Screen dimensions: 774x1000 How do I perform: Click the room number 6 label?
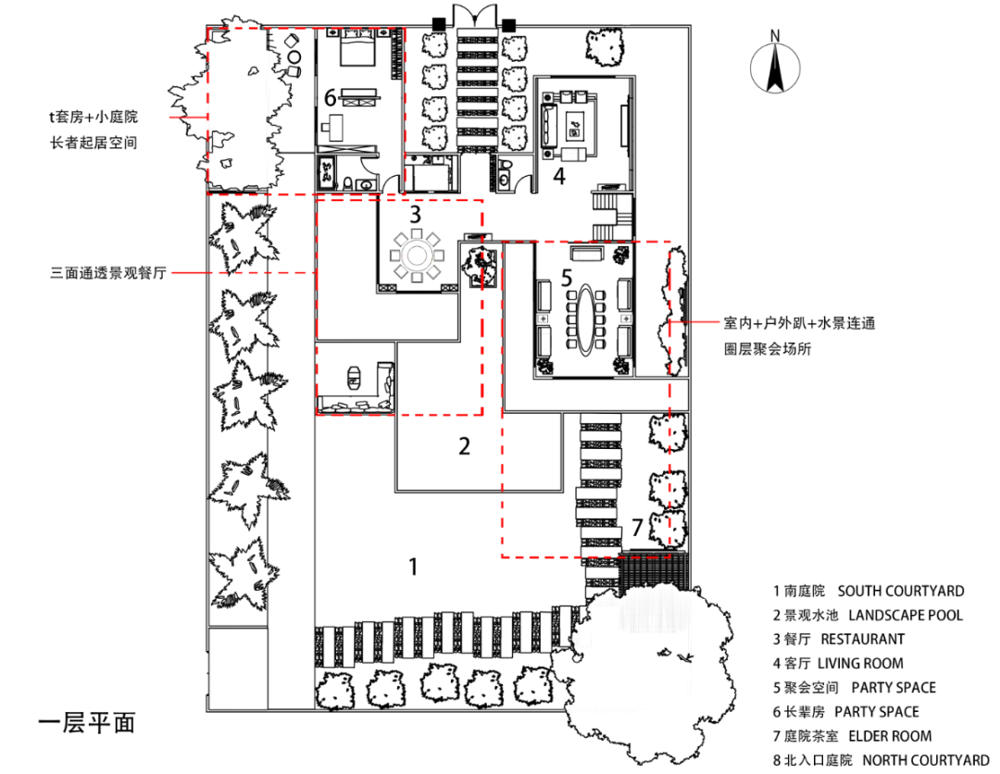(x=329, y=95)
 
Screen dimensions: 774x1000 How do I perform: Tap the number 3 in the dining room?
(x=416, y=214)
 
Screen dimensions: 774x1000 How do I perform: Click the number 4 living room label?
(x=559, y=175)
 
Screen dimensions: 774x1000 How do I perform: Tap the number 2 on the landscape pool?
(x=465, y=446)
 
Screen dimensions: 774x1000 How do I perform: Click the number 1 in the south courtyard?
(x=413, y=566)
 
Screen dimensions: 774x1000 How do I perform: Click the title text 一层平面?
(x=87, y=722)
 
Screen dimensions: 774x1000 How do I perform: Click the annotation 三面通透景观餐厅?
(x=107, y=273)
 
